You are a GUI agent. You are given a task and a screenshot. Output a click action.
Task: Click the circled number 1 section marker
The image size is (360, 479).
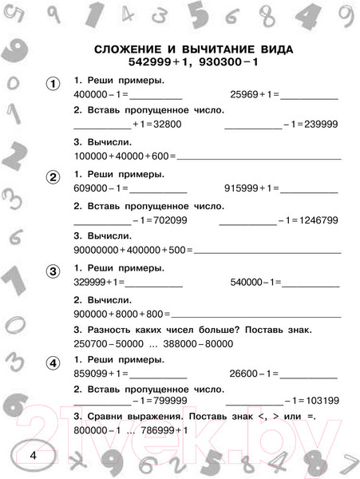coord(53,83)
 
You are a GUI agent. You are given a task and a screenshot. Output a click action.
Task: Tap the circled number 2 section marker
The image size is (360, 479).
coord(53,177)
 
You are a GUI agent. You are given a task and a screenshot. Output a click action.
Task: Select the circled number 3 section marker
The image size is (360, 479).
coord(53,272)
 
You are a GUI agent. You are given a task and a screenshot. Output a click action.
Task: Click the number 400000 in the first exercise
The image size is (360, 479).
coord(89,95)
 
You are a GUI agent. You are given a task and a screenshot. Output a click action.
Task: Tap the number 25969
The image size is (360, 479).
coord(243,95)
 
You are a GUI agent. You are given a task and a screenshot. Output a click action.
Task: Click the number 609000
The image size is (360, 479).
coord(89,189)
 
